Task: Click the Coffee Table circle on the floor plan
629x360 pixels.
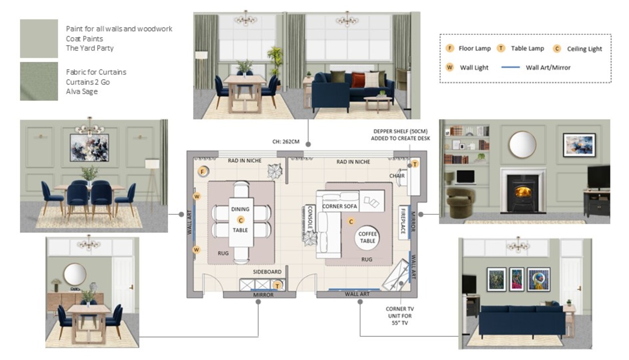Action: [x=367, y=237]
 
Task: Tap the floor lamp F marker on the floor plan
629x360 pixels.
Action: [x=202, y=171]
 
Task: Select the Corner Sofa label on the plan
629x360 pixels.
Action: [x=340, y=206]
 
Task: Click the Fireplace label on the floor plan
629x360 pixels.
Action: [x=403, y=221]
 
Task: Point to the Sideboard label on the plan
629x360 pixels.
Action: [x=267, y=272]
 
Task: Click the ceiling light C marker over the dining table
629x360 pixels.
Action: [x=241, y=220]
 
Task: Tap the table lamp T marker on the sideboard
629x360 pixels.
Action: [x=277, y=286]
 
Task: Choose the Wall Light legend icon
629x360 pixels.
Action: [x=450, y=67]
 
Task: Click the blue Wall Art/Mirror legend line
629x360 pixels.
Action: [x=511, y=67]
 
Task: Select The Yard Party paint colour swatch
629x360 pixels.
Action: [x=39, y=38]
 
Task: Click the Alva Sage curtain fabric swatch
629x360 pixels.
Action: [x=39, y=81]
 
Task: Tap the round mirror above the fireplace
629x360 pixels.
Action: [x=523, y=144]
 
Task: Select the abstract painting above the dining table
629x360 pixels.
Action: [x=89, y=148]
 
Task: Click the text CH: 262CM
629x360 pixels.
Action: [x=286, y=142]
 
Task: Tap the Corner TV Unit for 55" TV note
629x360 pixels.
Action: [x=400, y=316]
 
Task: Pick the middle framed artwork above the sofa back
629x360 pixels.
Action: [x=517, y=280]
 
